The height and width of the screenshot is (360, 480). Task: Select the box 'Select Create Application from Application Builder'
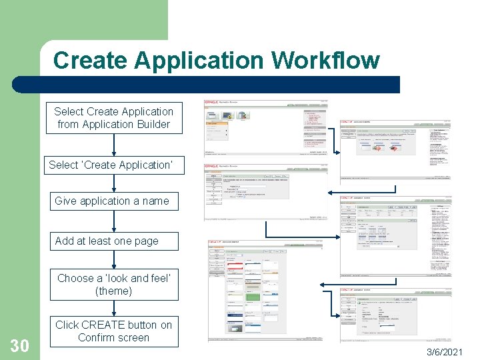coord(113,118)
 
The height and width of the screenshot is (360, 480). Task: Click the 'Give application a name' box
coord(112,201)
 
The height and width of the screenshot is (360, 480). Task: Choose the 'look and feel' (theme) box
coord(113,285)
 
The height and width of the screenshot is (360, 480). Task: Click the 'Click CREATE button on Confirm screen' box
coord(113,331)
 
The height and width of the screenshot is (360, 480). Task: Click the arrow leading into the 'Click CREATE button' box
coord(113,307)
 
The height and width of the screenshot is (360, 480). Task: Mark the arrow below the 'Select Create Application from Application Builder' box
coord(113,144)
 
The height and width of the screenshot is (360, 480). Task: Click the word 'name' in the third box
coord(154,201)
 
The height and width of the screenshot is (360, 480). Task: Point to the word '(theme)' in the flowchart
coord(114,291)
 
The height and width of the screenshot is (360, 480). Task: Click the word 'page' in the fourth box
coord(146,241)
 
